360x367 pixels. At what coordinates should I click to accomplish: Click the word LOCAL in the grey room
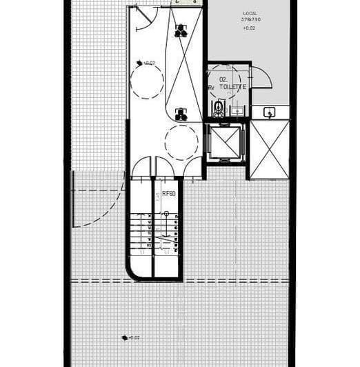click(x=250, y=14)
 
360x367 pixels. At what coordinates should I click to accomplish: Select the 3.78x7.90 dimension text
click(x=250, y=20)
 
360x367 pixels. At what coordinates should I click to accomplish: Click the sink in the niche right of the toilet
click(x=270, y=112)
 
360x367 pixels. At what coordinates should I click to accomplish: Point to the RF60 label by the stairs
click(x=169, y=195)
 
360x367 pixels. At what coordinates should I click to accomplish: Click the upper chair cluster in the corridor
click(x=181, y=30)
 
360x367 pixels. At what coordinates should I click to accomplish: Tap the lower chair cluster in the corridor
click(x=181, y=115)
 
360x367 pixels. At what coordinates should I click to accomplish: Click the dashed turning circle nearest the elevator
click(x=181, y=143)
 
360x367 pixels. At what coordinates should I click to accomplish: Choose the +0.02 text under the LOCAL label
click(x=250, y=28)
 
